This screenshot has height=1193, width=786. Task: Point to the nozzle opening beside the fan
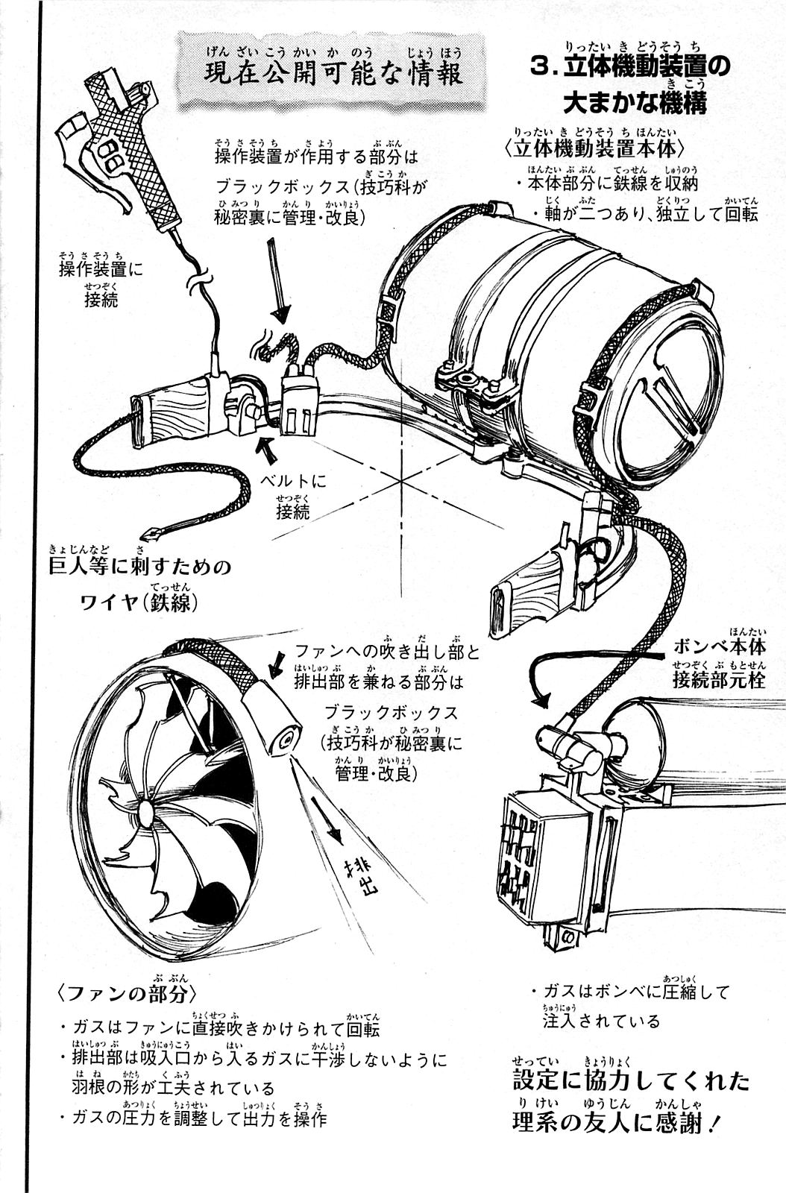[285, 739]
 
